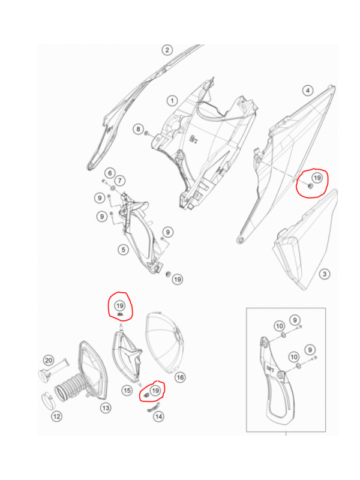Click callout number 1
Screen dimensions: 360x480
click(x=172, y=100)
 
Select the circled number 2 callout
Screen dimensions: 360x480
click(x=167, y=50)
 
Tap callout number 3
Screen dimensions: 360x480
click(x=325, y=274)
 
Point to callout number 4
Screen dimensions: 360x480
click(x=308, y=91)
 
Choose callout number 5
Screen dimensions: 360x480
click(x=124, y=250)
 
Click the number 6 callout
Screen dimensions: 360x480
click(x=110, y=173)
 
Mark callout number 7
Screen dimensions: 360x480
click(x=119, y=181)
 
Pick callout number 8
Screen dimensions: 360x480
click(x=139, y=129)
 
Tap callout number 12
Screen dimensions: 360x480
click(x=56, y=416)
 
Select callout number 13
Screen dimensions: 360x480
click(x=106, y=408)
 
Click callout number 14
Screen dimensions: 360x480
click(x=158, y=416)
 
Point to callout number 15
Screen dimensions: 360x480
click(x=127, y=391)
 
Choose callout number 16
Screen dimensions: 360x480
click(x=181, y=377)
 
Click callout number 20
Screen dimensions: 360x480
click(x=49, y=361)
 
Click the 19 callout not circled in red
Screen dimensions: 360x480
click(x=178, y=279)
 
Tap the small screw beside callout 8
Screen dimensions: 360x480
click(x=147, y=133)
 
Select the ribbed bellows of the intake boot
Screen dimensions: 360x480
click(x=70, y=388)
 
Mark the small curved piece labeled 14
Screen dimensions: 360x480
click(x=154, y=407)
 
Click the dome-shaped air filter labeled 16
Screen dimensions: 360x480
click(x=166, y=343)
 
